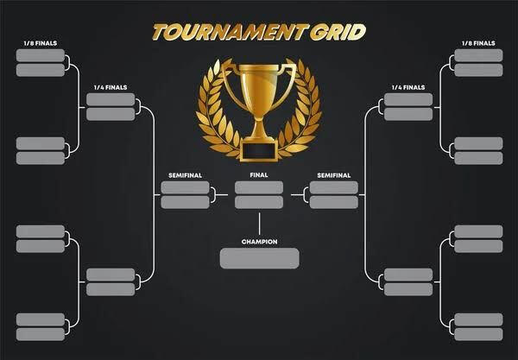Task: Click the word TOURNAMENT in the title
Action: tap(228, 32)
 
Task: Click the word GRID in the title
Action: tap(338, 32)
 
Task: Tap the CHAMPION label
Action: tap(259, 242)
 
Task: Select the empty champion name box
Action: tap(259, 258)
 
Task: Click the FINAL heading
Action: tap(259, 175)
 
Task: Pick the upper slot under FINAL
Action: tap(259, 187)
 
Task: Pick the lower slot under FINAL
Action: tap(259, 202)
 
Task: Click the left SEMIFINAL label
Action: tap(185, 175)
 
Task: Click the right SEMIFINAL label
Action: tap(333, 175)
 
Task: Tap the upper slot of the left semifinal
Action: tap(185, 187)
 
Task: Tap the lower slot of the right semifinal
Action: tap(333, 202)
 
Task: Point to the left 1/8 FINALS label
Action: tap(41, 43)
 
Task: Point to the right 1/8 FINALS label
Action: tap(478, 43)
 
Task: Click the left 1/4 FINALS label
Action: tap(111, 87)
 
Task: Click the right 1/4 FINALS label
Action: tap(408, 87)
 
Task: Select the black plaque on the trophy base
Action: tap(259, 151)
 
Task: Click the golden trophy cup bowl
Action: tap(259, 86)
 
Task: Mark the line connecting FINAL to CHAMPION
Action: tap(259, 224)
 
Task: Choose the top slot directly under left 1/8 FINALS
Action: tap(41, 55)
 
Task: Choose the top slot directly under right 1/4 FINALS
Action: tap(408, 99)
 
